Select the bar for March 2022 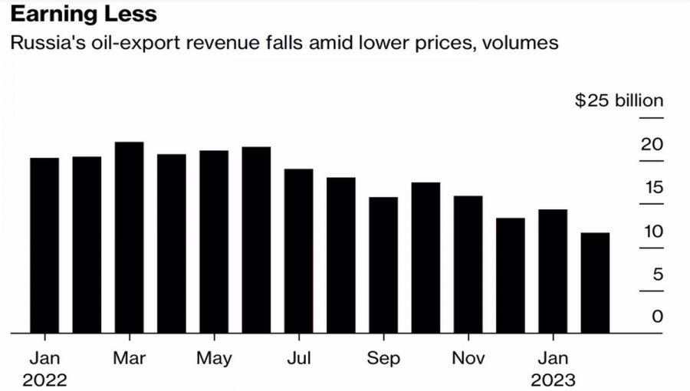pyautogui.click(x=130, y=238)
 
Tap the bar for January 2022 pyautogui.click(x=44, y=245)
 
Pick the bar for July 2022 pyautogui.click(x=298, y=251)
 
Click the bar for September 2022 pyautogui.click(x=383, y=265)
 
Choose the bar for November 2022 pyautogui.click(x=468, y=264)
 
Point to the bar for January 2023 pyautogui.click(x=553, y=271)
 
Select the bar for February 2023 pyautogui.click(x=595, y=283)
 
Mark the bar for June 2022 pyautogui.click(x=256, y=240)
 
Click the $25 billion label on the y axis pyautogui.click(x=619, y=101)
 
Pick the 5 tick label pyautogui.click(x=657, y=274)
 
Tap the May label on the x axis pyautogui.click(x=214, y=358)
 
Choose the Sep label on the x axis pyautogui.click(x=383, y=358)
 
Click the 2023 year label pyautogui.click(x=553, y=379)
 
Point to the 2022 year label pyautogui.click(x=44, y=379)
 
